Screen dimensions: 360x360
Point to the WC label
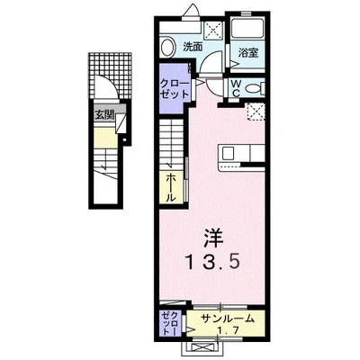pos(233,89)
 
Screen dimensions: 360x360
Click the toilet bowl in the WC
pos(255,88)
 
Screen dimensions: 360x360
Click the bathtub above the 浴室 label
pos(247,28)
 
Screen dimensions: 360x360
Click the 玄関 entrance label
pos(105,114)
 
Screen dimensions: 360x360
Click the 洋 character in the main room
pos(213,238)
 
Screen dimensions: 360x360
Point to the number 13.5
pos(213,263)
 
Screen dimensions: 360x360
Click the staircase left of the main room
pos(172,144)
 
